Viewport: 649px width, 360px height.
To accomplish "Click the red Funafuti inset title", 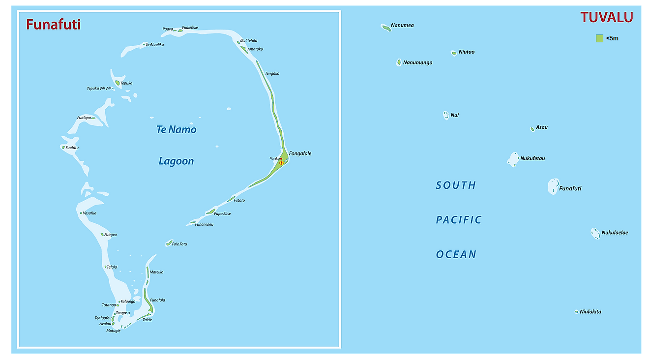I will point(53,24).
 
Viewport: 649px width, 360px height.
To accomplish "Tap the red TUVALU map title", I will point(606,17).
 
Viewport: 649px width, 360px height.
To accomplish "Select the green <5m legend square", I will point(599,38).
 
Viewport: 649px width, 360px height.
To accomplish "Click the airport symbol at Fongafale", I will point(281,162).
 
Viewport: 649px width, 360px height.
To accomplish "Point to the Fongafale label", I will point(300,153).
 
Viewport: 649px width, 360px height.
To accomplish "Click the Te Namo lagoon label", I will point(176,130).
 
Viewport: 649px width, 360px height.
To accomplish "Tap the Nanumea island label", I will point(402,25).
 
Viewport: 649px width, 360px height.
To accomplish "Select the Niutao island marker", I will point(454,53).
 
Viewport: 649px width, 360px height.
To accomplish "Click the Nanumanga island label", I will point(417,62).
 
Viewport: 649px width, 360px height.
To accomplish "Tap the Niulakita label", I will point(590,312).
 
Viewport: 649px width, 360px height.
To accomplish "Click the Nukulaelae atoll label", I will point(615,233).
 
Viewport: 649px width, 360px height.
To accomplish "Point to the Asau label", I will point(541,127).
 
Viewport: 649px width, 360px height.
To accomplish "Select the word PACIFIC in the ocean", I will point(459,220).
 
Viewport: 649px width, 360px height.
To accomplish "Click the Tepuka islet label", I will point(126,83).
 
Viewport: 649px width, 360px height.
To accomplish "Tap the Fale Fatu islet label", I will point(179,244).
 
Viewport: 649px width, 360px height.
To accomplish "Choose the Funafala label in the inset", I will point(157,300).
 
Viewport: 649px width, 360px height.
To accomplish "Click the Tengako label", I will point(272,73).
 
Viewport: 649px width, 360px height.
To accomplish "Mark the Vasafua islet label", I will point(89,213).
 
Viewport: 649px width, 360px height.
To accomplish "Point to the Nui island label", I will point(455,115).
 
